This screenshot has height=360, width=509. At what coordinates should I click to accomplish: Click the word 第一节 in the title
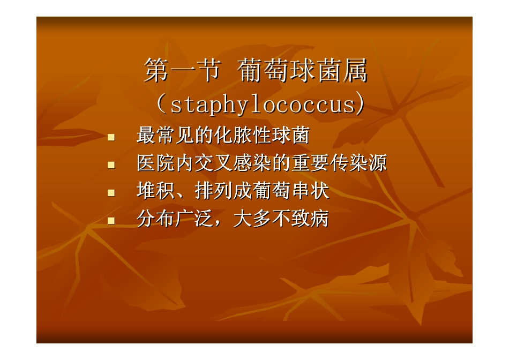tap(182, 72)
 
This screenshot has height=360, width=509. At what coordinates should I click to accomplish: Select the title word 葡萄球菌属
tap(303, 72)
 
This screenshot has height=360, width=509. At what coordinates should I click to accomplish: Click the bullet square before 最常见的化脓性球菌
tap(111, 138)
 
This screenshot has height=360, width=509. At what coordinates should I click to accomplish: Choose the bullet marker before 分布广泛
tap(111, 220)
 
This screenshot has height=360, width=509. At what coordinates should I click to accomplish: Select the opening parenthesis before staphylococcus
tap(160, 105)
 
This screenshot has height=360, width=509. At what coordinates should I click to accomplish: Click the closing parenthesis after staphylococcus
tap(362, 105)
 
